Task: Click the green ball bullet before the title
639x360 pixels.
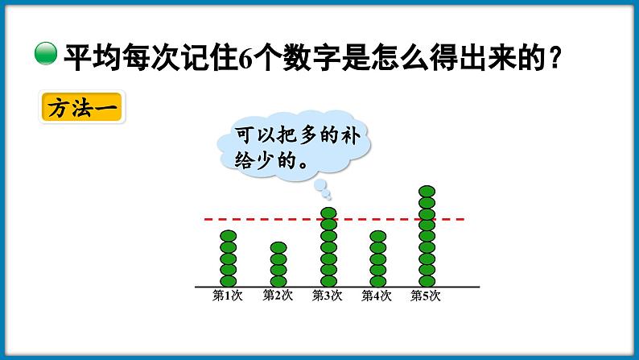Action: (47, 56)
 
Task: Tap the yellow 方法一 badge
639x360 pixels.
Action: (80, 108)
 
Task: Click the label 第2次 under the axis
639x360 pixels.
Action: (278, 296)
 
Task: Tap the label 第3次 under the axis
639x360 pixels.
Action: (328, 296)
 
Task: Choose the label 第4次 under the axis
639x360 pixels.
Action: (377, 296)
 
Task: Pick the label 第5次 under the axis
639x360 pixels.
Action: (427, 296)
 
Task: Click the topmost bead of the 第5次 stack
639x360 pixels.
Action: (427, 192)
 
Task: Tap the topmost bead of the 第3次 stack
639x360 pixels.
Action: (328, 213)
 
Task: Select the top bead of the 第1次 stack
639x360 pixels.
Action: (228, 236)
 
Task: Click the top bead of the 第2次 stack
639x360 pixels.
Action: (278, 247)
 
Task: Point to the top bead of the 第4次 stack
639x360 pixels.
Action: (377, 236)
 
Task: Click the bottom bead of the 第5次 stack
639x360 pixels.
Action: (427, 280)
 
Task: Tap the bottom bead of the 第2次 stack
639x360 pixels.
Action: (278, 280)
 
